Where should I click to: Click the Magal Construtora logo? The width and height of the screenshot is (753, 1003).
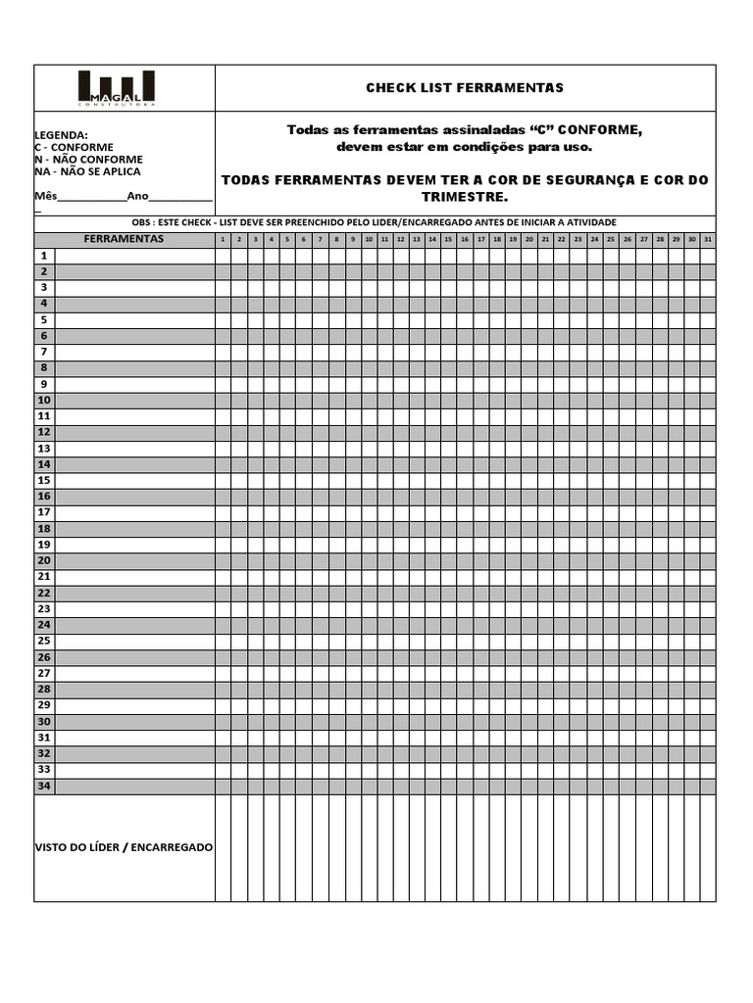[x=116, y=88]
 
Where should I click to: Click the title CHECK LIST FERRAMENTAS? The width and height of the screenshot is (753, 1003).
[x=465, y=88]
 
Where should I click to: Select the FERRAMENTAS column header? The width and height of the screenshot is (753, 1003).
[x=124, y=239]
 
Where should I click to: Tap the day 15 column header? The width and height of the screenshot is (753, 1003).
[x=448, y=239]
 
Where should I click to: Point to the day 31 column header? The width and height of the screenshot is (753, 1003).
[x=708, y=239]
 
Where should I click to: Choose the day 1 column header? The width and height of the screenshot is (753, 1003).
[x=224, y=239]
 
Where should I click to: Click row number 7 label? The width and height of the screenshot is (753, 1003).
[x=44, y=352]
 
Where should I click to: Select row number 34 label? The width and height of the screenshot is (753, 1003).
[x=44, y=786]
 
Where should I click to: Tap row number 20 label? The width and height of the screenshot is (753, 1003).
[x=44, y=560]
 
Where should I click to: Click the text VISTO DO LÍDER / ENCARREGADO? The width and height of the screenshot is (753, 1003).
[x=124, y=847]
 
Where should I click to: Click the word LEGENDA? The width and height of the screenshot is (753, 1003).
[x=61, y=135]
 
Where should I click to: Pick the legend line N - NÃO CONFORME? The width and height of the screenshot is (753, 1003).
[x=88, y=160]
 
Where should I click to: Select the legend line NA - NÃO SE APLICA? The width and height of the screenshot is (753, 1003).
[x=87, y=171]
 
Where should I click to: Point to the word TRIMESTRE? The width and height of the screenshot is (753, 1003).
[x=465, y=197]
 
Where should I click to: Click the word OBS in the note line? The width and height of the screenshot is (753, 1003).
[x=129, y=222]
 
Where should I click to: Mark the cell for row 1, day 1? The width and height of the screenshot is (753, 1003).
[x=224, y=256]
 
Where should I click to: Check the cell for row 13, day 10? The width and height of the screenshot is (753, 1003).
[x=369, y=449]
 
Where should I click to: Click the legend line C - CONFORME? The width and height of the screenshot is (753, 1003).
[x=74, y=148]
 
